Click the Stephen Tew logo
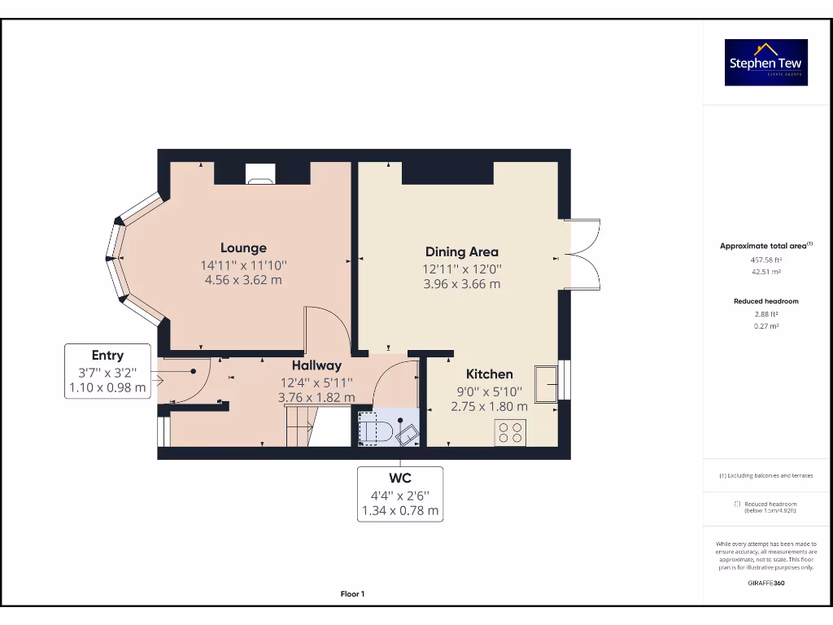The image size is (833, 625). (766, 63)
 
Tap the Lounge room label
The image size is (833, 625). (243, 248)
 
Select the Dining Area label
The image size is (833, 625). (461, 252)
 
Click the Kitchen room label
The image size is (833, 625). (489, 374)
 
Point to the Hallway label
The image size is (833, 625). (316, 366)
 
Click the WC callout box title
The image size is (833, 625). (400, 479)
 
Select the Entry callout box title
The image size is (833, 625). (107, 356)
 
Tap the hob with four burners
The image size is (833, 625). (510, 433)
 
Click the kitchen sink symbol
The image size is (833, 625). (546, 382)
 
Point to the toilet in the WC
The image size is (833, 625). (372, 429)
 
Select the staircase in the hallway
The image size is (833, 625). (299, 426)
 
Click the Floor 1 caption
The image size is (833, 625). (352, 594)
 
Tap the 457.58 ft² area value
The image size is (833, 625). (765, 260)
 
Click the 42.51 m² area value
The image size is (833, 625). (765, 273)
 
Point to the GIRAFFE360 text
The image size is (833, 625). (765, 583)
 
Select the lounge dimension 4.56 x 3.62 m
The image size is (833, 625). (243, 281)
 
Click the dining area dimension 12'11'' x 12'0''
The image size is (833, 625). (461, 269)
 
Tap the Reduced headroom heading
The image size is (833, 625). (765, 301)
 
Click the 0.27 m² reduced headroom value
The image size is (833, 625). (765, 326)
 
